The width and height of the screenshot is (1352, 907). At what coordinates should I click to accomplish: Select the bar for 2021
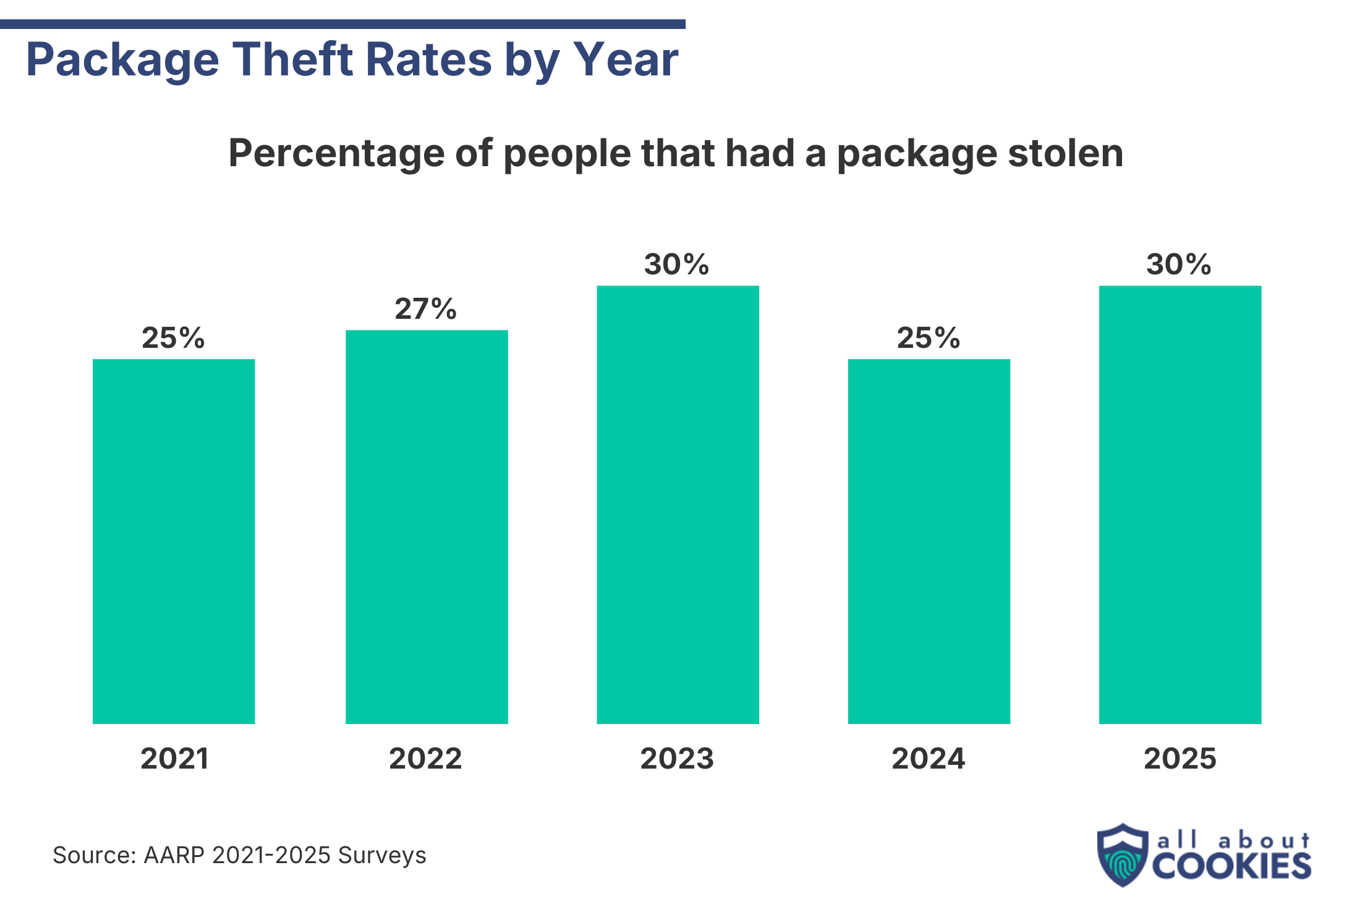pos(174,541)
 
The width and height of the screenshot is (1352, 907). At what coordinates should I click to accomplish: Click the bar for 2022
pos(427,526)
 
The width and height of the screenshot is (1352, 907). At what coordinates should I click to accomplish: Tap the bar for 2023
pos(678,504)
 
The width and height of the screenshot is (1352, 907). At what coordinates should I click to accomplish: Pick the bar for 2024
pos(929,541)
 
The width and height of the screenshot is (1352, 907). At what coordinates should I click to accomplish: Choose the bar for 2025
pos(1180,504)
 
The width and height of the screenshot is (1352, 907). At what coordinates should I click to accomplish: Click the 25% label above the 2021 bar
pos(173,338)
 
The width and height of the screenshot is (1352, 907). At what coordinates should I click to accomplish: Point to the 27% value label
pos(426,309)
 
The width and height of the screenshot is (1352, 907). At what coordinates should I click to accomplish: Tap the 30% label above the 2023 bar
pos(677,264)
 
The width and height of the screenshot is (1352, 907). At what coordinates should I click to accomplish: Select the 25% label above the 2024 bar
pos(929,338)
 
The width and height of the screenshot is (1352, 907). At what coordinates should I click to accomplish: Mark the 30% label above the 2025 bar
pos(1179,264)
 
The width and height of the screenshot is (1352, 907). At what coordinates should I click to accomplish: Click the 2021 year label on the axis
pos(174,759)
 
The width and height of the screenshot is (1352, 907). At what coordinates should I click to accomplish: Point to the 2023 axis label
pos(677,759)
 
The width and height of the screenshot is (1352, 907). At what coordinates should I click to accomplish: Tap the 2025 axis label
pos(1180,759)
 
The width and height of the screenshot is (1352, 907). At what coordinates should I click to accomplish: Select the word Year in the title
pos(626,60)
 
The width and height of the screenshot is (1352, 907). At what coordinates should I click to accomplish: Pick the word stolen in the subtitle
pos(1065,153)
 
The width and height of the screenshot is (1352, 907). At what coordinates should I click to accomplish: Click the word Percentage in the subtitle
pos(336,153)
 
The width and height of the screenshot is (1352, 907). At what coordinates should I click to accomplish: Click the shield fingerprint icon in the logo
pos(1122,855)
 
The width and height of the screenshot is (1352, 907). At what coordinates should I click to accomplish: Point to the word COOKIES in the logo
pos(1231,866)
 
